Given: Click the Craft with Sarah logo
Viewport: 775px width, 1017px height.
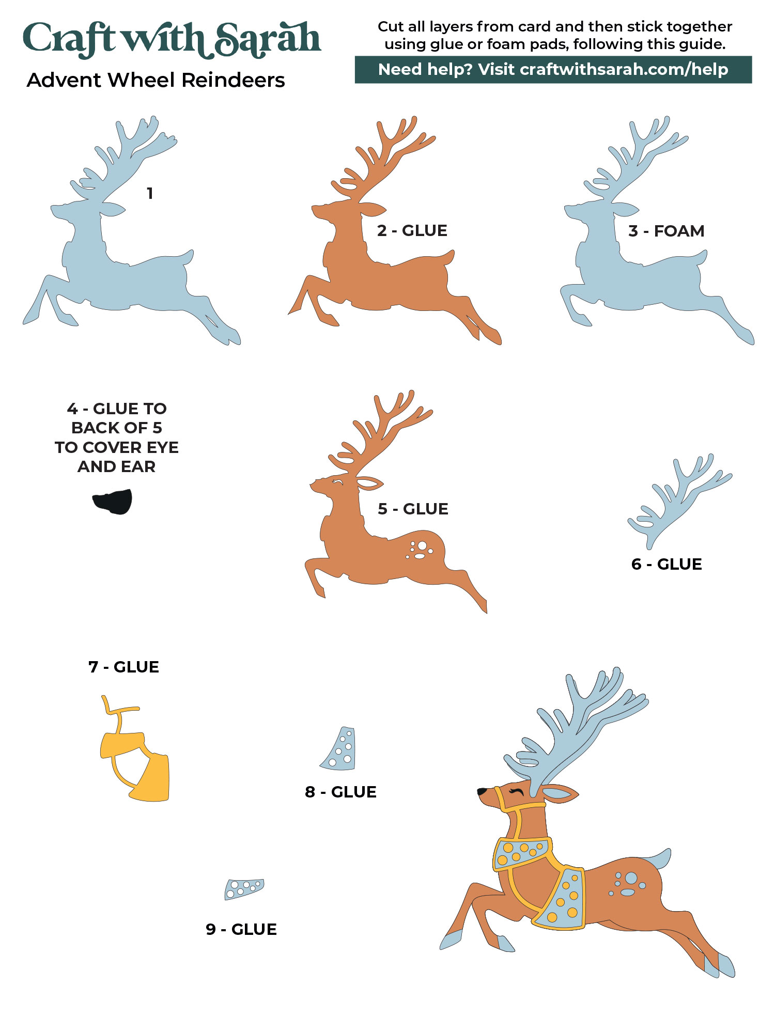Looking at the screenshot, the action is [172, 40].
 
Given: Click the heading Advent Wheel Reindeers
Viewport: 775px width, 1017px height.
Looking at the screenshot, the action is [156, 81].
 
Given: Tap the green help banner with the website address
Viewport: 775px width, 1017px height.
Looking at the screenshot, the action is [553, 70].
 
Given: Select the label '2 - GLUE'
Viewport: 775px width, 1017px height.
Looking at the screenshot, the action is [412, 230].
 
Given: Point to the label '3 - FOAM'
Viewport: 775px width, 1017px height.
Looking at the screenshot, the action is [666, 231].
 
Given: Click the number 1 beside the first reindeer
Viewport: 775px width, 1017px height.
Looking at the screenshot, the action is [150, 193].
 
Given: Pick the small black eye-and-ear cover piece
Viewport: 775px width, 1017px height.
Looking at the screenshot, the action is [112, 502].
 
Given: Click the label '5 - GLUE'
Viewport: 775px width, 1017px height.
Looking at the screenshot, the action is [413, 509].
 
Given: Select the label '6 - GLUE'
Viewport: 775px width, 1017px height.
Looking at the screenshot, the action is [667, 564].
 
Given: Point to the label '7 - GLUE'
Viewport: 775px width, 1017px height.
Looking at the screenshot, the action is [123, 667].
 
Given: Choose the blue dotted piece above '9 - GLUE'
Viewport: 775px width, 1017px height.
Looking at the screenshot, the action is [244, 889].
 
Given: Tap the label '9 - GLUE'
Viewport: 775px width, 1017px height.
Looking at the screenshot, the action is [241, 929].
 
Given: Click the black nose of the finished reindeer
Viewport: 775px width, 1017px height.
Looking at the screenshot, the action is [482, 791].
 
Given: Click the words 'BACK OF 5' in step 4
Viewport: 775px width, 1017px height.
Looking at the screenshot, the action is [117, 428].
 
